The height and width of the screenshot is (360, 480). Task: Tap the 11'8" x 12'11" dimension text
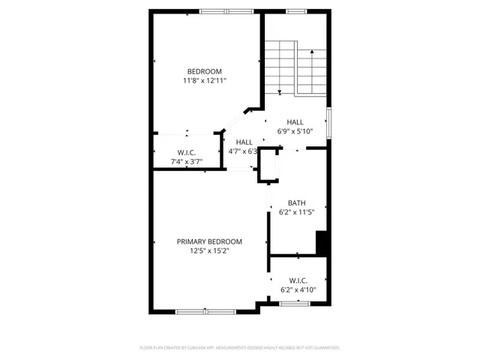click(x=205, y=80)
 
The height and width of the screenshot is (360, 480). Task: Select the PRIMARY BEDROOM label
click(x=209, y=241)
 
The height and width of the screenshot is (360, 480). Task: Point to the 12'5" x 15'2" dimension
click(x=209, y=251)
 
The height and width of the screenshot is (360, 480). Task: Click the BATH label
click(x=296, y=202)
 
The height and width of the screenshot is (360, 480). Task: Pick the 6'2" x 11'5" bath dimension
click(x=296, y=212)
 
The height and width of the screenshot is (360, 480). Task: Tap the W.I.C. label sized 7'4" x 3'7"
click(x=187, y=151)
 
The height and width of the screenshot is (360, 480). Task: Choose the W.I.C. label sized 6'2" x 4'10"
click(x=298, y=280)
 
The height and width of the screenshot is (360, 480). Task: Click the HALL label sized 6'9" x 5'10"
click(x=295, y=121)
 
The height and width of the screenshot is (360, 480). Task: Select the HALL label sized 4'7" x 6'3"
click(x=244, y=142)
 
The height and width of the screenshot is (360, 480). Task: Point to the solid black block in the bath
click(x=322, y=244)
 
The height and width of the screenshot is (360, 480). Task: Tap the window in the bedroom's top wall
click(x=226, y=11)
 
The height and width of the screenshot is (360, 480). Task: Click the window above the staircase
click(x=298, y=11)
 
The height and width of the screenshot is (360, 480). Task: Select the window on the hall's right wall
click(x=328, y=122)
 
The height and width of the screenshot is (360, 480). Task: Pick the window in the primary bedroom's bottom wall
click(x=205, y=310)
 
